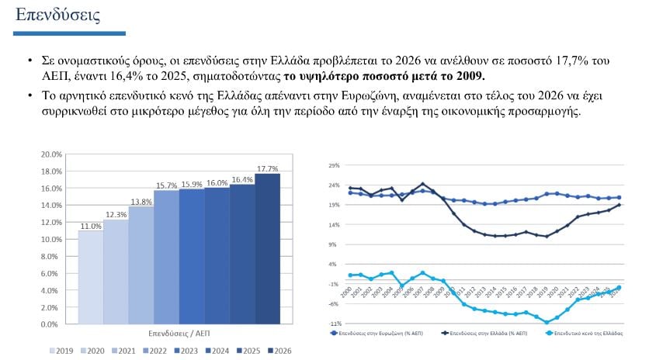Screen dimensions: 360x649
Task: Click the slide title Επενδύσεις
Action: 57,15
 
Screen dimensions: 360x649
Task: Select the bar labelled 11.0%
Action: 91,277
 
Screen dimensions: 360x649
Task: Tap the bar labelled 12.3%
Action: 116,272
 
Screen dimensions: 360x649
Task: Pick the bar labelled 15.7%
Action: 166,257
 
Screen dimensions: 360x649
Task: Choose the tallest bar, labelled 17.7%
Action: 267,248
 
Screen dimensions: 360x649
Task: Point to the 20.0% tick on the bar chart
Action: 51,154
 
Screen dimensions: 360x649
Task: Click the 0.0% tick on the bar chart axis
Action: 53,324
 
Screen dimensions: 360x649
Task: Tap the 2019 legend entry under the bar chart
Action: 61,351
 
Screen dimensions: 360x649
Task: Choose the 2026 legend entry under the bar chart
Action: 279,351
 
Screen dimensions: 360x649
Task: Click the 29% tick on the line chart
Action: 334,165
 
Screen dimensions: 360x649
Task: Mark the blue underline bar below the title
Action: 70,33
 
